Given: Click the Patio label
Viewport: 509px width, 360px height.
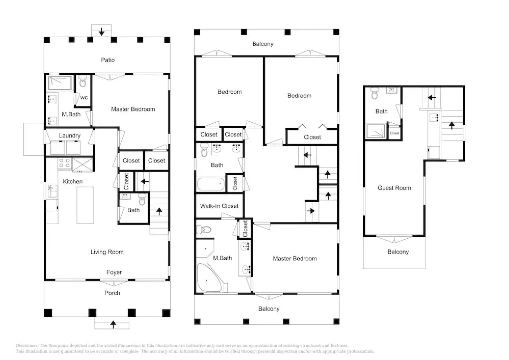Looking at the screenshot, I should (x=108, y=60).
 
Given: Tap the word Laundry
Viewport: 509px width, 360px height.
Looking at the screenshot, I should (x=70, y=136).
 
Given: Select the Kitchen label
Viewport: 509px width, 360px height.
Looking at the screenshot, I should (x=73, y=182).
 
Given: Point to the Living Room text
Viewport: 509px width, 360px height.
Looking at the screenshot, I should (x=107, y=252).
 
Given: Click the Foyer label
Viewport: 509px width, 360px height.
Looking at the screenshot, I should (x=114, y=272).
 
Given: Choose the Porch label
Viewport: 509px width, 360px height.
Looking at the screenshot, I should (x=112, y=293).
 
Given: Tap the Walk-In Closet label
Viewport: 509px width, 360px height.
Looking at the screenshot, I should (x=219, y=206).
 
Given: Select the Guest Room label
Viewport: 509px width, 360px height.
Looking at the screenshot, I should (x=394, y=188).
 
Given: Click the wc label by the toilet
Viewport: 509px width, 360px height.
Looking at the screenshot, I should (x=84, y=98).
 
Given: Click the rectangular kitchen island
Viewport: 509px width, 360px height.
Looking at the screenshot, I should (x=85, y=205).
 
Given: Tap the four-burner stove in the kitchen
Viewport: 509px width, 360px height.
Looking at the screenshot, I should (x=64, y=163).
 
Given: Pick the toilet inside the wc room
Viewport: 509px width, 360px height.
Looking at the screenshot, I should (x=83, y=81).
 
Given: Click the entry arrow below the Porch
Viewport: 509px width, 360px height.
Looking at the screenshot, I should (x=113, y=324).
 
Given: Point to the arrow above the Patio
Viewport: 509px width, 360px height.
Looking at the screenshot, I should (x=102, y=32).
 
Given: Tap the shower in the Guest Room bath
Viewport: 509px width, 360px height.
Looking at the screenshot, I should (x=376, y=131).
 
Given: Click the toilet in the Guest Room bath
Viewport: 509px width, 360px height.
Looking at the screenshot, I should (x=375, y=94).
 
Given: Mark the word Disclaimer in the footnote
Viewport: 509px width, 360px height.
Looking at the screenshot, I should (x=27, y=346).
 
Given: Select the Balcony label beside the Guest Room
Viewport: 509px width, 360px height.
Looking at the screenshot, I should (x=398, y=252).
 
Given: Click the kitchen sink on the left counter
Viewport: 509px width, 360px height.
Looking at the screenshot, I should (x=52, y=192).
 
